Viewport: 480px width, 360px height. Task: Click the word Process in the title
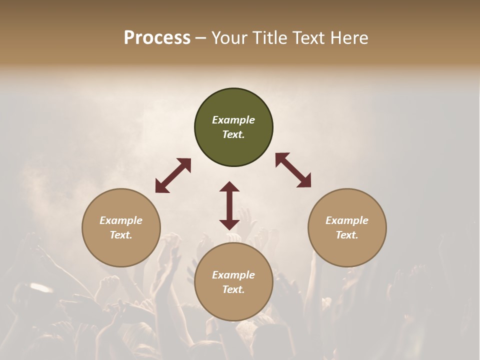(x=157, y=38)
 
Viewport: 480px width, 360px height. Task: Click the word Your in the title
(x=229, y=38)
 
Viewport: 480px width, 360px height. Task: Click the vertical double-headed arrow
(x=229, y=205)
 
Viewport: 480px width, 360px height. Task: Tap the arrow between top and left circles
(x=173, y=175)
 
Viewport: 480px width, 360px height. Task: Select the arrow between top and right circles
(x=293, y=170)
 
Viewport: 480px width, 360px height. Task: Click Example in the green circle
(x=233, y=120)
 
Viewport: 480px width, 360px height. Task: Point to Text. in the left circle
(x=121, y=235)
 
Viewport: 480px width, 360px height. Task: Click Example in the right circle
(x=346, y=220)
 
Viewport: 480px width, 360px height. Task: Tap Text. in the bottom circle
(x=233, y=289)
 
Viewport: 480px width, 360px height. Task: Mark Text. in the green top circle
(x=233, y=134)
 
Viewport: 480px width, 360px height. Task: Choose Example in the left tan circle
(x=121, y=220)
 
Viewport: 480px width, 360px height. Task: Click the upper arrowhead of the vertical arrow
(x=229, y=186)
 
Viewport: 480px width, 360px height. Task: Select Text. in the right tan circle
(x=346, y=235)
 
